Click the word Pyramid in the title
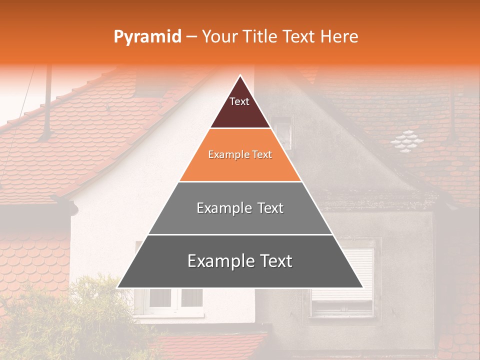[147, 37]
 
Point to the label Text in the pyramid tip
[239, 101]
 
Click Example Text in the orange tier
[240, 154]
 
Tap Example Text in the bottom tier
[240, 261]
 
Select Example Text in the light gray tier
[240, 208]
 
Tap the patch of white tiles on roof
[406, 139]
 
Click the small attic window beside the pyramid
[282, 132]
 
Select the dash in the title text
[191, 37]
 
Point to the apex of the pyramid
[240, 76]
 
